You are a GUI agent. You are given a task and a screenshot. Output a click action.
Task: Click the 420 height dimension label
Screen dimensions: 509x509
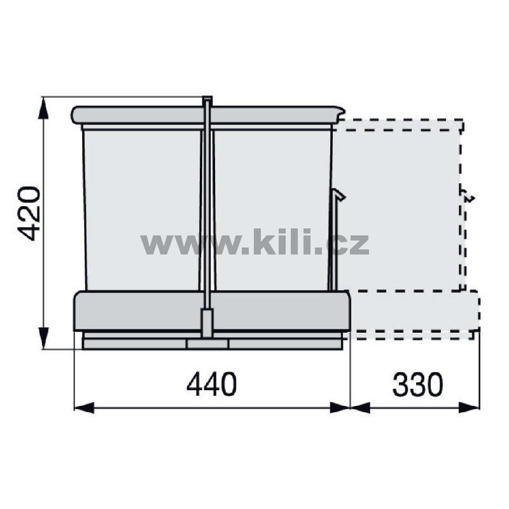click(x=29, y=214)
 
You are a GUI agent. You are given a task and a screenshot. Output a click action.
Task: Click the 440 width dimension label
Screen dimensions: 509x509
click(x=212, y=384)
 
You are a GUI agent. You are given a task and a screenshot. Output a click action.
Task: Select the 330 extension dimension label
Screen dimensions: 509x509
click(x=417, y=384)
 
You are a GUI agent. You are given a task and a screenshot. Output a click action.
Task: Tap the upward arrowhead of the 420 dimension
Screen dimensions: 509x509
click(x=43, y=108)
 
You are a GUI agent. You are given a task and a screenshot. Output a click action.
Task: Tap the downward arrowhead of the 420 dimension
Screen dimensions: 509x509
click(x=43, y=338)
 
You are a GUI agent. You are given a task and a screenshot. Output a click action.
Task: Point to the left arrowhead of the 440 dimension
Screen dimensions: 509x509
click(x=85, y=407)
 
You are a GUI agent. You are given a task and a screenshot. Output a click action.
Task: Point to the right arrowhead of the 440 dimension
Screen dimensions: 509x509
click(x=340, y=407)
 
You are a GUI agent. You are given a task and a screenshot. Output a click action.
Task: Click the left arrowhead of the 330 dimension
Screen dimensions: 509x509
click(x=360, y=407)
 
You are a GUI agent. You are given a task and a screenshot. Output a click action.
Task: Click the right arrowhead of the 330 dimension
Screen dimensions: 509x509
click(x=470, y=407)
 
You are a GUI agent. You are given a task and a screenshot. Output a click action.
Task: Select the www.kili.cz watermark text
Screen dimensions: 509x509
click(x=255, y=242)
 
